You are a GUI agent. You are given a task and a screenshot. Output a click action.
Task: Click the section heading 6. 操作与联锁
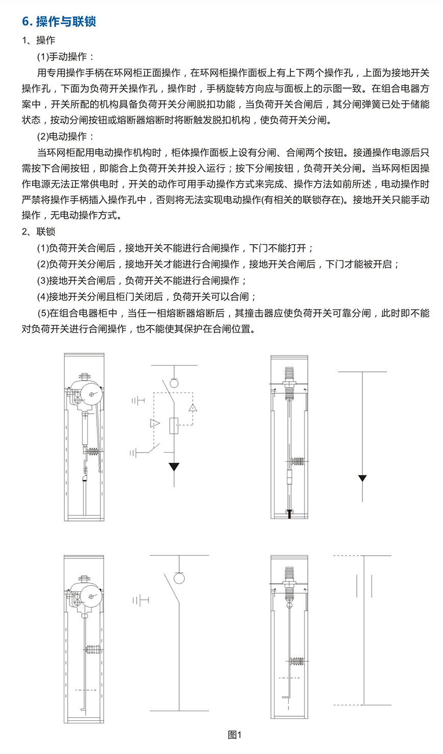pyautogui.click(x=59, y=21)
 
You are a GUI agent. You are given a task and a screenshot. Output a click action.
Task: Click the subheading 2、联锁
pyautogui.click(x=38, y=231)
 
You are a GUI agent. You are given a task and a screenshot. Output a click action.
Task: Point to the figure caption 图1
pyautogui.click(x=234, y=735)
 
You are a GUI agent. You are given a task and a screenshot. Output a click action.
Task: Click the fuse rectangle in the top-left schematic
pyautogui.click(x=174, y=426)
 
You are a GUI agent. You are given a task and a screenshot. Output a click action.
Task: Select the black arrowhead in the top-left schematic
pyautogui.click(x=174, y=466)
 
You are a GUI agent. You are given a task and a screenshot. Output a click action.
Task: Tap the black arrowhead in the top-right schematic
pyautogui.click(x=362, y=478)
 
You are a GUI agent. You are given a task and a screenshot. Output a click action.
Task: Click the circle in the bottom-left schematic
pyautogui.click(x=179, y=578)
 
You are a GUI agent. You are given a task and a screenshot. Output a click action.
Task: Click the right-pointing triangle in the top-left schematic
pyautogui.click(x=155, y=423)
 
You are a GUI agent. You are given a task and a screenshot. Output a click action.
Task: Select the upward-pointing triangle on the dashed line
pyautogui.click(x=192, y=408)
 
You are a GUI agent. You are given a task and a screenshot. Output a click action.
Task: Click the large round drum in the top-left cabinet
pyautogui.click(x=91, y=394)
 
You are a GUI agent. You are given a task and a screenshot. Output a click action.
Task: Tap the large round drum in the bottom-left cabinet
pyautogui.click(x=91, y=597)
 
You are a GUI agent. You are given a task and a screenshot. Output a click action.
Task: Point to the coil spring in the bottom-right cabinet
pyautogui.click(x=297, y=662)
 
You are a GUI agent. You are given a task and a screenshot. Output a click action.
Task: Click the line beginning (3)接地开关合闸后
pyautogui.click(x=142, y=280)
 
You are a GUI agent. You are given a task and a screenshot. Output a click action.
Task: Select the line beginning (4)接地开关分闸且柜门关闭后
pyautogui.click(x=147, y=297)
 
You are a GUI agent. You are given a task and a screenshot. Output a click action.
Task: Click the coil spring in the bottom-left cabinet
pyautogui.click(x=92, y=649)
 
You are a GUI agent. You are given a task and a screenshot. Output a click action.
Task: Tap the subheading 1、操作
pyautogui.click(x=38, y=40)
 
